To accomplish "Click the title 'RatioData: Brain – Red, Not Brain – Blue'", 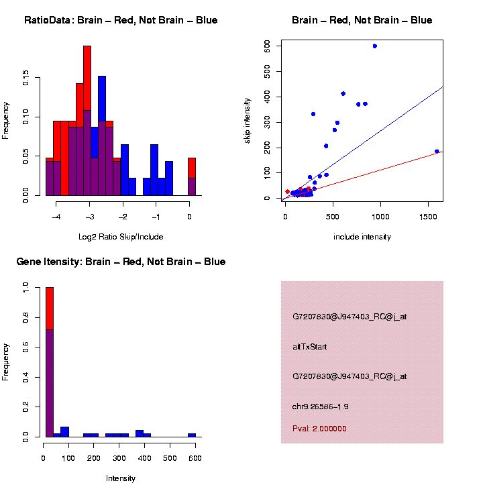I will (x=121, y=20).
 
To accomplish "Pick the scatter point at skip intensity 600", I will (x=374, y=46).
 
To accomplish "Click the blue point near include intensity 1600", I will (x=437, y=152).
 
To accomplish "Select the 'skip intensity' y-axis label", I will (x=248, y=119).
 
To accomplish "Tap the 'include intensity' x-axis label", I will (x=362, y=237).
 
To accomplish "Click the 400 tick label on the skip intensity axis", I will (x=267, y=97).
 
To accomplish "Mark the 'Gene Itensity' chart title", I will (x=121, y=262).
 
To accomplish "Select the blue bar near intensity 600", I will (x=192, y=435).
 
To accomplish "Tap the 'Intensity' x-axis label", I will (x=121, y=478).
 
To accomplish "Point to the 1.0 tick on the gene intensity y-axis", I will (x=26, y=287).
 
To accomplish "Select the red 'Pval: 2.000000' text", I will (x=319, y=429).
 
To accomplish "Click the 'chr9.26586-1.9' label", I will (x=320, y=407).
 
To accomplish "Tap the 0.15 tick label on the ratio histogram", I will (x=26, y=79).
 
